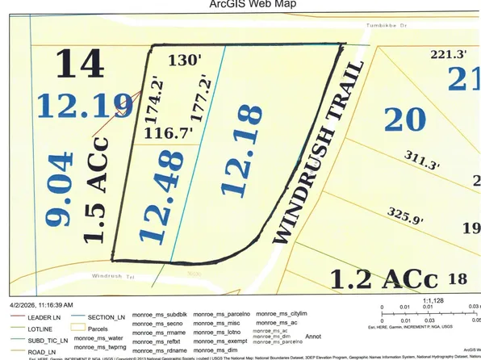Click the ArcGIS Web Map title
(240, 5)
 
